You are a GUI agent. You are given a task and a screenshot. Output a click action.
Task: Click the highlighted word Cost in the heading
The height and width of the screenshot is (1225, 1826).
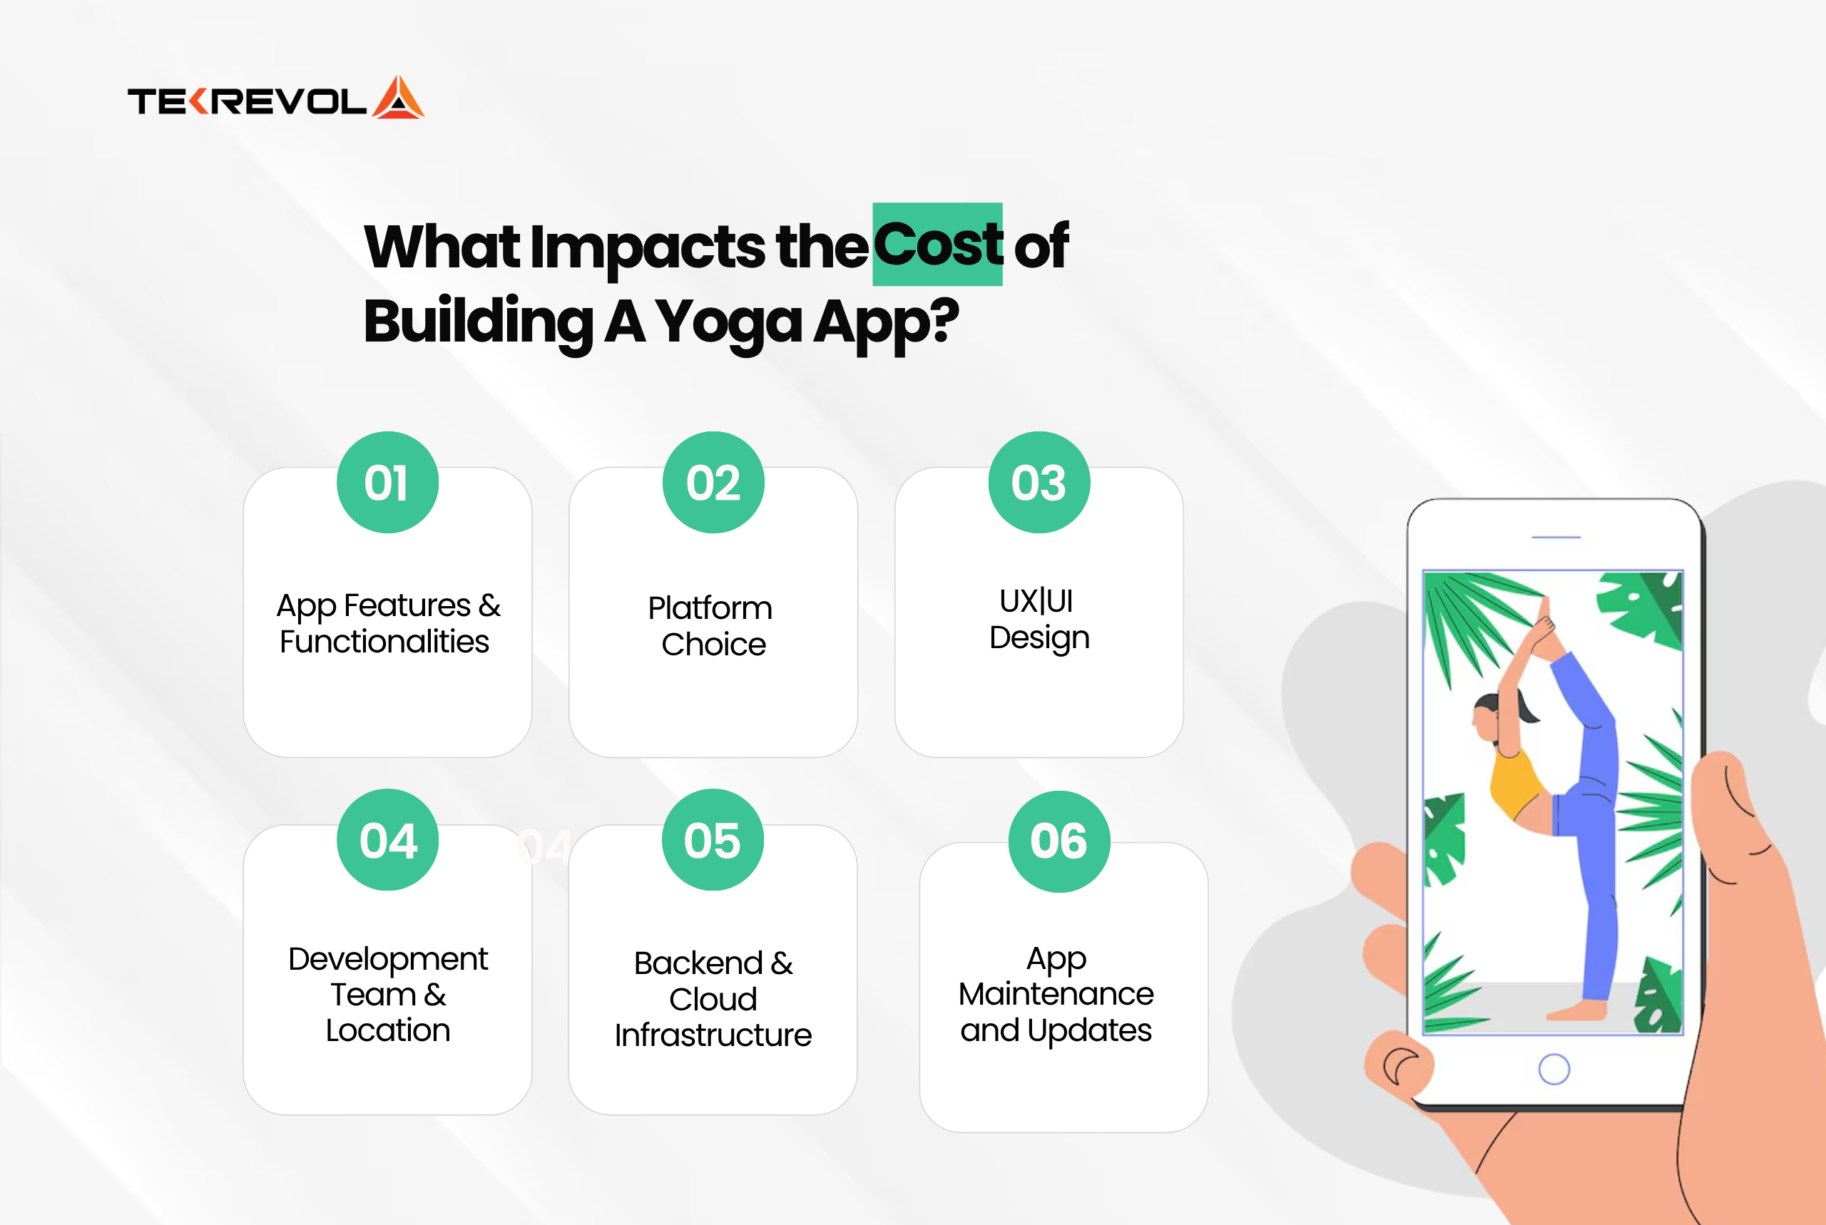(938, 245)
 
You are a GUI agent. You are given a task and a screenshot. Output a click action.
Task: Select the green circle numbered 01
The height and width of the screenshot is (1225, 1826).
(387, 482)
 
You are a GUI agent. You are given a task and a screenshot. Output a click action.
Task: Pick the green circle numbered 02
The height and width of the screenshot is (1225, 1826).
(713, 482)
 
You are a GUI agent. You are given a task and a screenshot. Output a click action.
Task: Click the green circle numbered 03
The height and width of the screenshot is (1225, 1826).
(1039, 482)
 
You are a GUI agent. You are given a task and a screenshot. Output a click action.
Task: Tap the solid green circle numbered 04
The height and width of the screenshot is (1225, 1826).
(387, 840)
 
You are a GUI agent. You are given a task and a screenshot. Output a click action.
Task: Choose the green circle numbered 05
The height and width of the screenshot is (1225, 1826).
(713, 840)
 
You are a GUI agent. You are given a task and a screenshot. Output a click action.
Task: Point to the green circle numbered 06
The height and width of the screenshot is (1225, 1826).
(1059, 841)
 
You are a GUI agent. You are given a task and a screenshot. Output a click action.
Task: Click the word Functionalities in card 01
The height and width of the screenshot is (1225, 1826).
(384, 642)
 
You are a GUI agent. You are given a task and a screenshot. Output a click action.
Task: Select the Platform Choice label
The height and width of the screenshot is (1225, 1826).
(711, 626)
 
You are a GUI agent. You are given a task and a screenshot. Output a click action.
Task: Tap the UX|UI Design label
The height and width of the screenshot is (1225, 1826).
(1039, 619)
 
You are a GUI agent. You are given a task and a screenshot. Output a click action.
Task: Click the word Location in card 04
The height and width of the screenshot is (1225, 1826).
(388, 1030)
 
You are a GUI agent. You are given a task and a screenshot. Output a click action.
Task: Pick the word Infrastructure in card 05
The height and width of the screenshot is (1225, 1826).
(713, 1035)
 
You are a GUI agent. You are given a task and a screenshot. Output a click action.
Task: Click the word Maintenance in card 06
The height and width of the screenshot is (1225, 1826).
(1056, 994)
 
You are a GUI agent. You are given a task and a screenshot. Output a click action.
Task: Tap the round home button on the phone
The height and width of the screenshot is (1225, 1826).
(1554, 1070)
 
